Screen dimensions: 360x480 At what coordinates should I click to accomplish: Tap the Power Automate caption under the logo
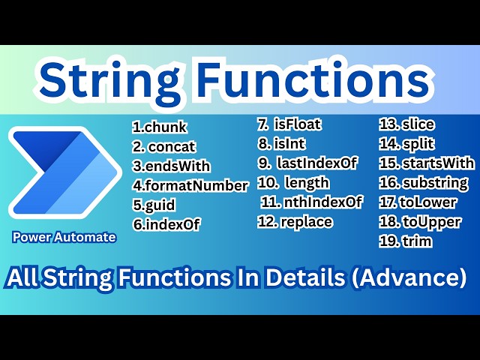tap(64, 237)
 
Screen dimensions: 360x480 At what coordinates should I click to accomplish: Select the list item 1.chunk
tap(160, 127)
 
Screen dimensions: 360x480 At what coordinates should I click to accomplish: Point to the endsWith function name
tap(171, 166)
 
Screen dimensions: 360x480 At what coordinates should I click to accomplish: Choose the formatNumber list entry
tap(190, 185)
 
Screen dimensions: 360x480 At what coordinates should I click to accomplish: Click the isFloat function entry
tap(289, 124)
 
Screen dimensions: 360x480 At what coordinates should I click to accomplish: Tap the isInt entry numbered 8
tap(281, 143)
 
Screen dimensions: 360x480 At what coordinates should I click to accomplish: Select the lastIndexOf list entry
tap(307, 163)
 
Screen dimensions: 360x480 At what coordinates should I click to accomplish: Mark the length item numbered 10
tap(293, 182)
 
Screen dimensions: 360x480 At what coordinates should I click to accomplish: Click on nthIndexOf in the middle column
tap(311, 202)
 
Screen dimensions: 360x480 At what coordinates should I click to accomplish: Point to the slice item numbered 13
tap(406, 124)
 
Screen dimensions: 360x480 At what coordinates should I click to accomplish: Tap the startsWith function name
tap(426, 163)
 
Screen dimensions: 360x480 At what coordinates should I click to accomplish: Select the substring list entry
tap(423, 182)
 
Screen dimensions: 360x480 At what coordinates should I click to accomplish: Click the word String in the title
tap(119, 79)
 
